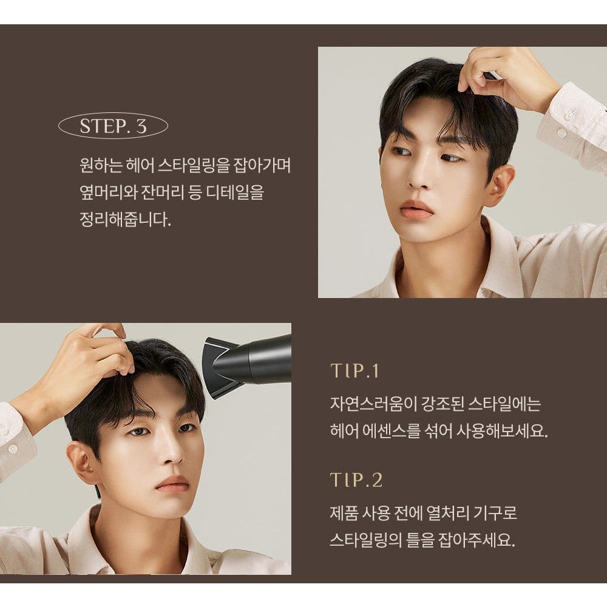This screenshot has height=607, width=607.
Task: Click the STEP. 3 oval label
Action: pyautogui.click(x=113, y=126)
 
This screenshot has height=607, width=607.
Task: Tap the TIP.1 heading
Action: pyautogui.click(x=354, y=371)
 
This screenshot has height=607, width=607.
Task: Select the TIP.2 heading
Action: pyautogui.click(x=356, y=480)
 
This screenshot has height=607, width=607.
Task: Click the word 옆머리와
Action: pyautogui.click(x=109, y=192)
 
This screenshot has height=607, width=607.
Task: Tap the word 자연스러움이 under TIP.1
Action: pyautogui.click(x=372, y=404)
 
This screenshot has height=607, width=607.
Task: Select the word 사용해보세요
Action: pyautogui.click(x=502, y=430)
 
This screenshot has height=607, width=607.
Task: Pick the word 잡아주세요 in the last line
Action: pyautogui.click(x=476, y=540)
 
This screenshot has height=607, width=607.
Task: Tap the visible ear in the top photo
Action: pyautogui.click(x=501, y=185)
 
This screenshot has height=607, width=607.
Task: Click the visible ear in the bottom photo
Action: pyautogui.click(x=82, y=463)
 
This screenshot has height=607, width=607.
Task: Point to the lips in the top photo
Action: pyautogui.click(x=416, y=209)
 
